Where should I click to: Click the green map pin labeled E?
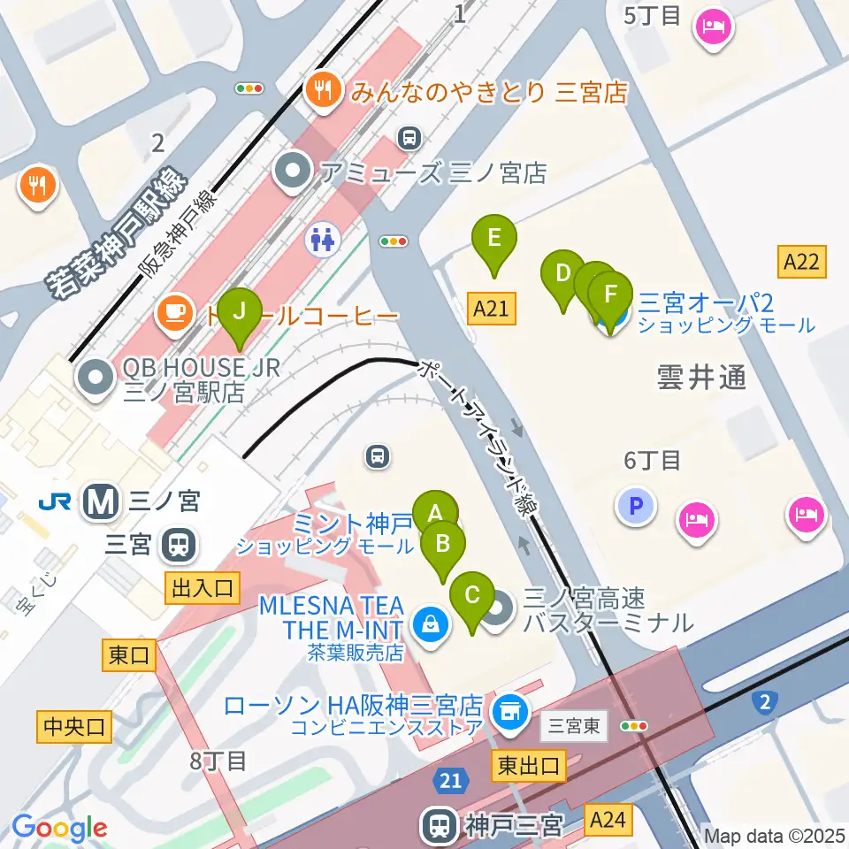point(493,239)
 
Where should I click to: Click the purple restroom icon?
point(321,237)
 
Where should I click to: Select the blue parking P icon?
point(636,507)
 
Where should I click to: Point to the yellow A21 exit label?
point(491,309)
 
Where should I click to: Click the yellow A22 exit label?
point(803,261)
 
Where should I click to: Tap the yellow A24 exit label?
point(608,820)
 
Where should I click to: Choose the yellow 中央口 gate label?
point(74,727)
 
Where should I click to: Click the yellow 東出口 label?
point(527,766)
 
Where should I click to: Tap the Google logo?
point(59,828)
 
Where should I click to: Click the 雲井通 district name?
point(701,378)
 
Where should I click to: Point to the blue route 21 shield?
point(450,781)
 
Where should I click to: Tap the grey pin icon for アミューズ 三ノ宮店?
point(292,172)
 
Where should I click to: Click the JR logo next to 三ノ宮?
point(55,502)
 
